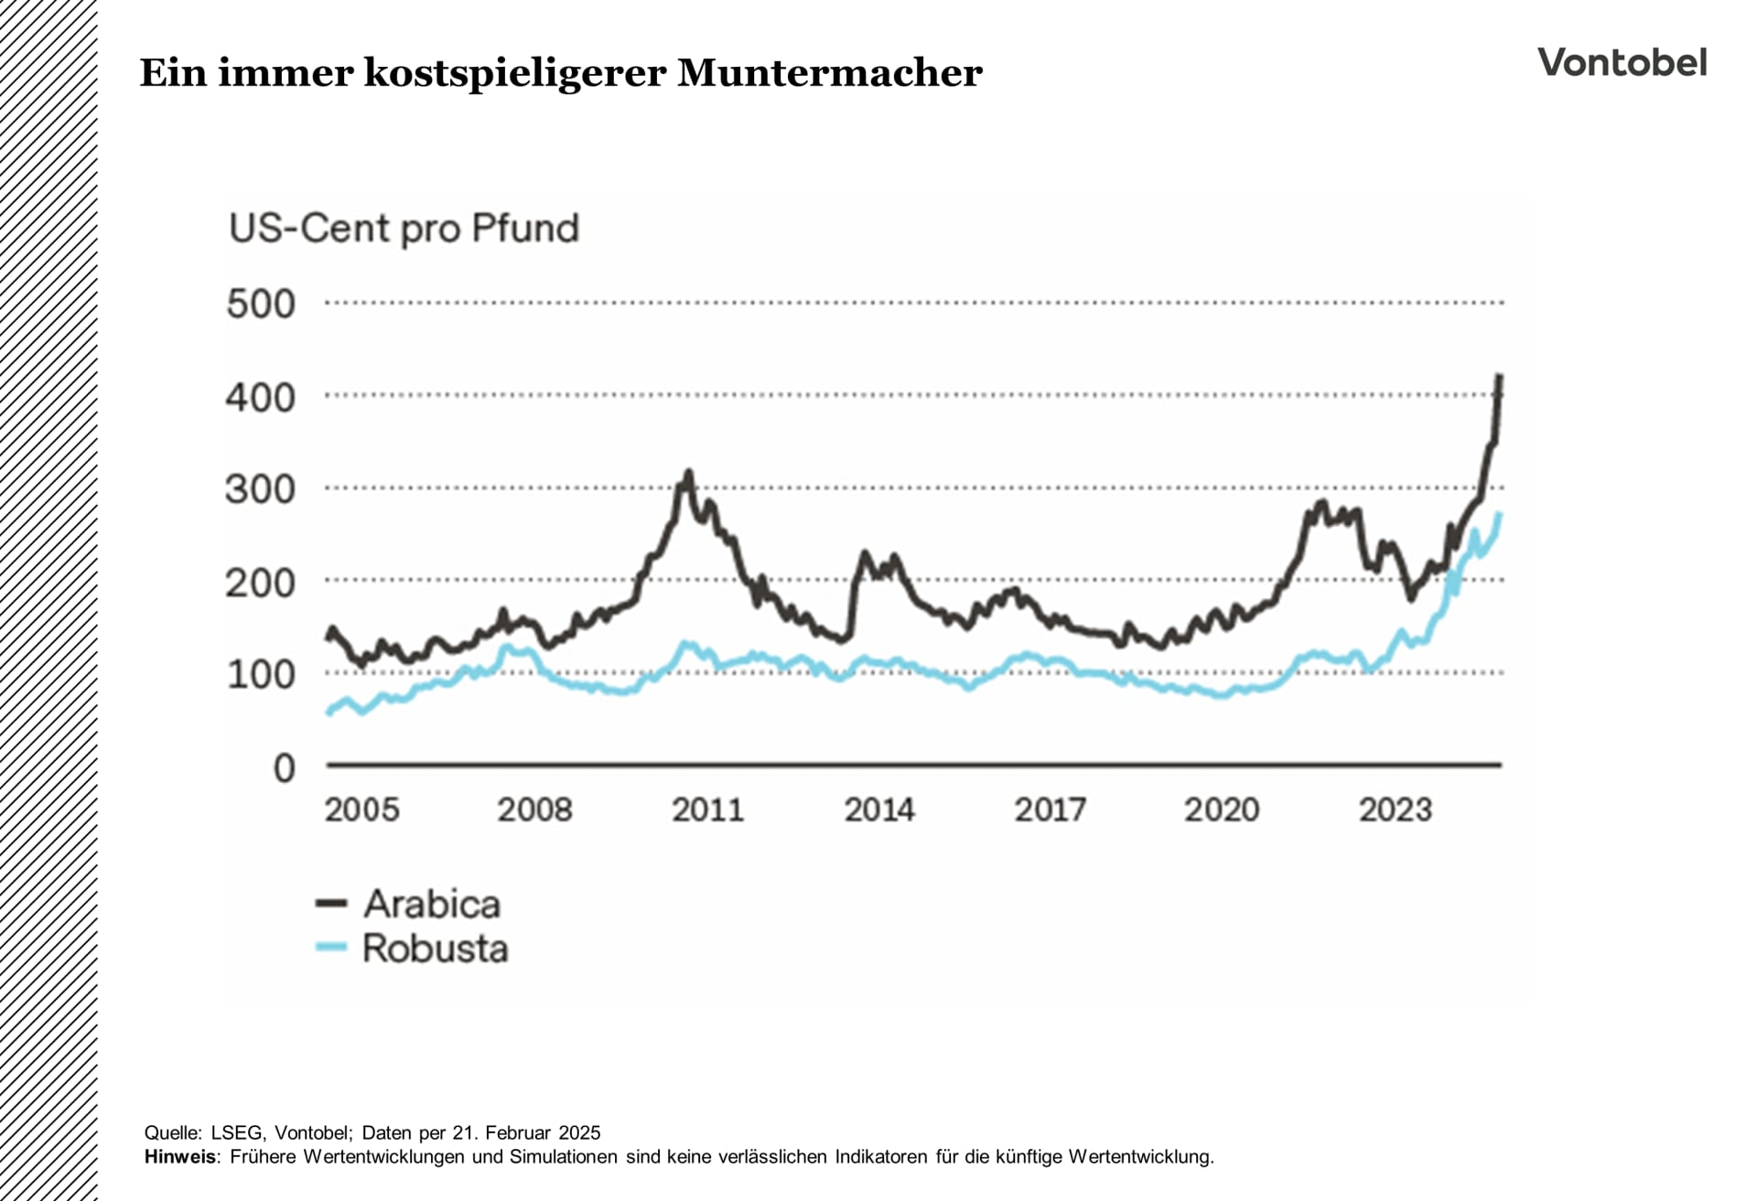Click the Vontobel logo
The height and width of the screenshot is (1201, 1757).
coord(1622,63)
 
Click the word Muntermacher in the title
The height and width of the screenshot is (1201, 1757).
coord(829,73)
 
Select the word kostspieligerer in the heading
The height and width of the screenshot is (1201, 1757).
coord(515,73)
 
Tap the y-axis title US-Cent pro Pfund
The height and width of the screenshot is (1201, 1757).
coord(404,228)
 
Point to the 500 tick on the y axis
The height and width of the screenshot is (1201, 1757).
coord(261,304)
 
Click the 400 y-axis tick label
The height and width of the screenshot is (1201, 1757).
coord(261,397)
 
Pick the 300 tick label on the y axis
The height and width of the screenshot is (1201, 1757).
coord(261,489)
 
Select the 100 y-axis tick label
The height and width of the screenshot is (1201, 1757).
coord(261,674)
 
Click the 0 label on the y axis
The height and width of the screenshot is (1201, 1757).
coord(285,768)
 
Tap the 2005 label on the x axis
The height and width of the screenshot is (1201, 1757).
coord(362,810)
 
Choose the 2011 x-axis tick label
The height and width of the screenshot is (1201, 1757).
coord(707,810)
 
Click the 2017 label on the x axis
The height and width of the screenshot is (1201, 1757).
coord(1050,810)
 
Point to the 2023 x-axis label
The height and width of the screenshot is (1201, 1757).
coord(1395,810)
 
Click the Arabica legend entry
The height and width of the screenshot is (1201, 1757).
coord(431,904)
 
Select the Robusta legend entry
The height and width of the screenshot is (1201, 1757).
coord(434,949)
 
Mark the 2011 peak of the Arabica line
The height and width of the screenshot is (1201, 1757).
coord(688,473)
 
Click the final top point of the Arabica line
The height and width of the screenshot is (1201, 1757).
coord(1499,376)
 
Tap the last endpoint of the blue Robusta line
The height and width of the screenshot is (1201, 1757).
coord(1499,515)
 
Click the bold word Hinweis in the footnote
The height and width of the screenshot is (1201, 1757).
coord(180,1157)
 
